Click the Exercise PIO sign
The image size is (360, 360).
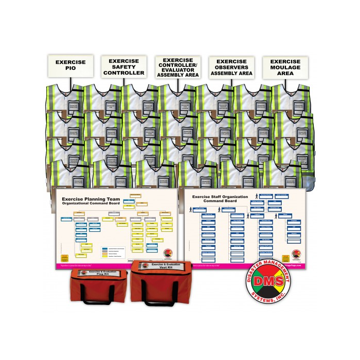(x=70, y=66)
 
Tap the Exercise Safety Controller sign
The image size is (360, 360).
(x=124, y=67)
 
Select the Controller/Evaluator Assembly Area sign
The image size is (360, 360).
(x=178, y=67)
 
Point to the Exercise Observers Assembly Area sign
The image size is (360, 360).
(x=231, y=67)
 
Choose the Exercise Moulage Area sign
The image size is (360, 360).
(x=285, y=67)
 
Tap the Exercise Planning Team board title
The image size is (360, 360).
(x=91, y=201)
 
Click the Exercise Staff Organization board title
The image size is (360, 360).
(x=220, y=199)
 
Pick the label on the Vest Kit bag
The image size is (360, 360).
(x=161, y=267)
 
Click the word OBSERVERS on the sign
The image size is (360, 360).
(x=231, y=67)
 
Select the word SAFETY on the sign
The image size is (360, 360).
(x=124, y=67)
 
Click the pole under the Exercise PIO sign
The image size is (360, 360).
(x=70, y=81)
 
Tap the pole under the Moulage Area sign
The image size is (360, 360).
(x=285, y=82)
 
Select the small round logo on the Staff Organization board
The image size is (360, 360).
(x=297, y=255)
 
